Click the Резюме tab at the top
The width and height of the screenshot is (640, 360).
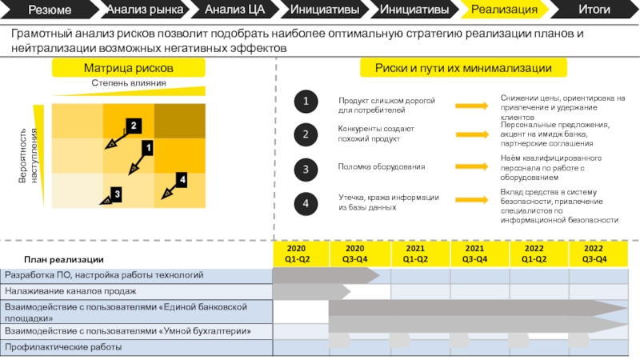(50, 10)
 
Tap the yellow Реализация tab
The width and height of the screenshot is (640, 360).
(503, 10)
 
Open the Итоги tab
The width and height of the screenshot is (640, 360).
(594, 10)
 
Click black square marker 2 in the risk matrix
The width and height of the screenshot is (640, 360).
(134, 126)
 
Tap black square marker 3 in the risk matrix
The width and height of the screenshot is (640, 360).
(116, 194)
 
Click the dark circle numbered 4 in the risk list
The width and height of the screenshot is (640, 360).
(305, 203)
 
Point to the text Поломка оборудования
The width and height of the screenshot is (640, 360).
(382, 167)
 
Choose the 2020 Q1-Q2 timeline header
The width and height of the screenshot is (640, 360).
(297, 254)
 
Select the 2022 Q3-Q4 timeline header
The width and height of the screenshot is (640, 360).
(594, 254)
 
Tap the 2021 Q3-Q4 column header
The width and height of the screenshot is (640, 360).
(474, 254)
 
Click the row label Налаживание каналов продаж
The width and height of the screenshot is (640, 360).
(70, 291)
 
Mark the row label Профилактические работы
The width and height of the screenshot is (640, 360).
(63, 347)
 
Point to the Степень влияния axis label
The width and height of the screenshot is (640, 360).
(128, 83)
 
